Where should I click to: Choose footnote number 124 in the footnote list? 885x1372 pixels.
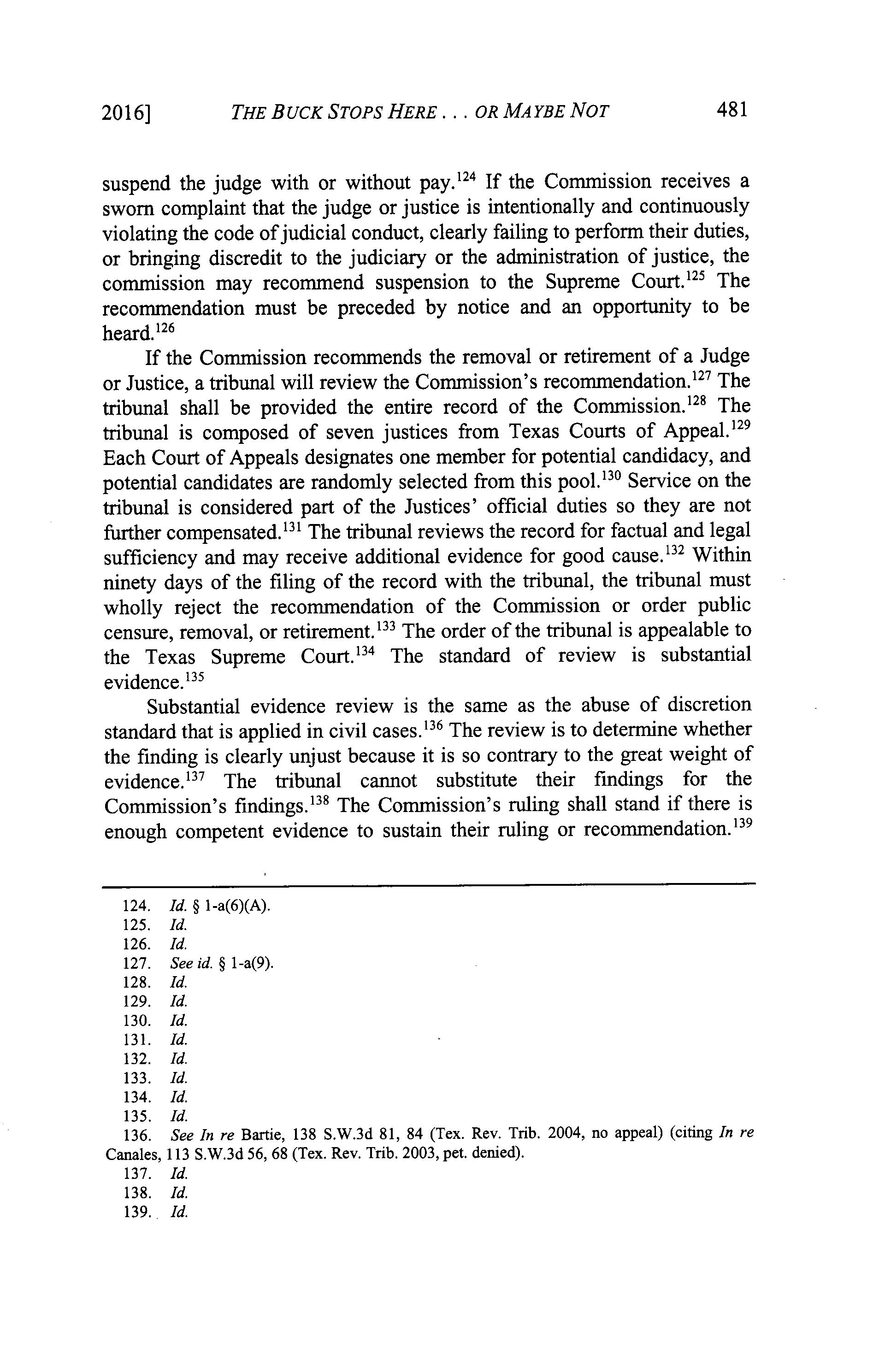point(137,906)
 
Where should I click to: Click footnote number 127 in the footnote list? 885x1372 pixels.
point(137,964)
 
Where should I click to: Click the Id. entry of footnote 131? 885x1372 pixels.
point(179,1039)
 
